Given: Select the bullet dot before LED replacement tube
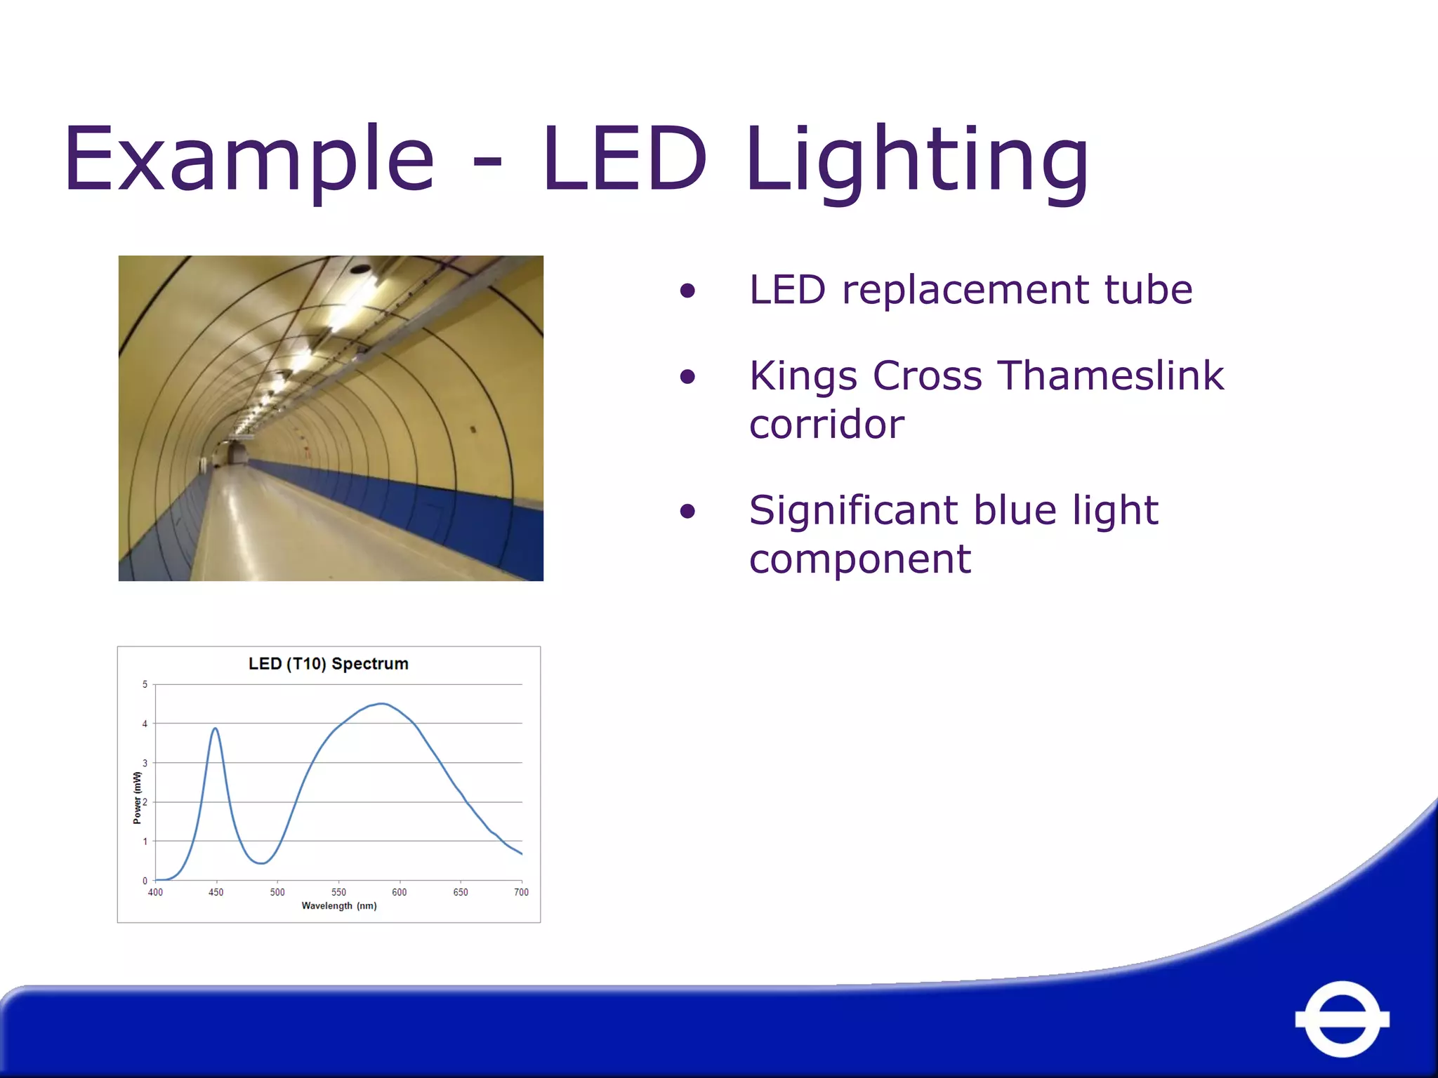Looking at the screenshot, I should point(687,291).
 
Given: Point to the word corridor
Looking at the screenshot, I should point(826,425).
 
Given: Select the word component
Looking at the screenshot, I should point(859,559).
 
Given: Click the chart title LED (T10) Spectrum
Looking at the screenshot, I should point(328,664).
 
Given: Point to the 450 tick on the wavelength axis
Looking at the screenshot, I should point(216,892).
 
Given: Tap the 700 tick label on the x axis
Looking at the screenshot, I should point(521,892).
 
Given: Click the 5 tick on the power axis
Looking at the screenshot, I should point(145,684).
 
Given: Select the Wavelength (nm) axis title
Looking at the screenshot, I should point(339,906).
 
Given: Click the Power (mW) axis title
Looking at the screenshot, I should point(137,797).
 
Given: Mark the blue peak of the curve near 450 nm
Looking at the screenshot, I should point(216,728).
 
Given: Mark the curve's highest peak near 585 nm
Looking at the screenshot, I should point(381,703).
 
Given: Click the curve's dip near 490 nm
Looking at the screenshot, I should point(261,863).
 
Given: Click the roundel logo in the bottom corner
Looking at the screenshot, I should point(1342,1018).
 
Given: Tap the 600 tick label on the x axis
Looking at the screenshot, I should point(399,892).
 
